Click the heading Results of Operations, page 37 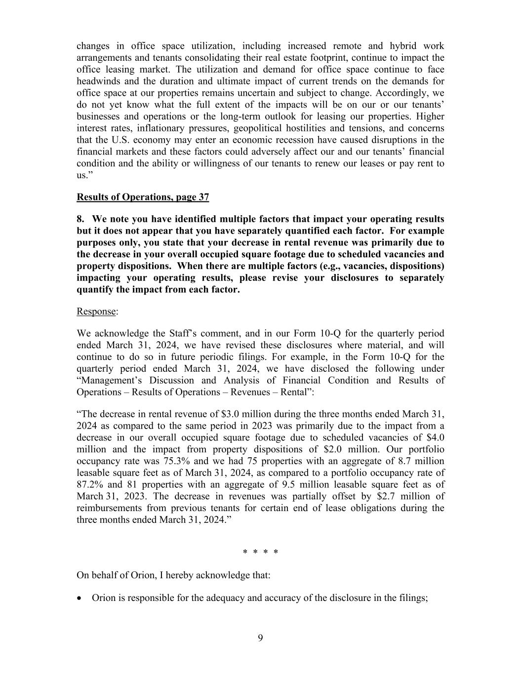[x=143, y=197]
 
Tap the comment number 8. [x=80, y=219]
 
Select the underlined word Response [x=96, y=312]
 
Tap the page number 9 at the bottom [x=260, y=638]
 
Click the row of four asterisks [x=260, y=552]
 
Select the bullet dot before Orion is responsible [x=80, y=598]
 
